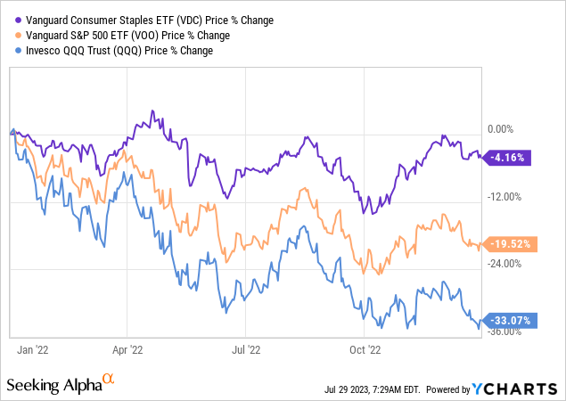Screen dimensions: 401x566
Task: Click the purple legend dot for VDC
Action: click(x=12, y=20)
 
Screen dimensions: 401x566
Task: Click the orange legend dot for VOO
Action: click(x=12, y=35)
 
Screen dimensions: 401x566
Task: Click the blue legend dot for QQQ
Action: click(x=12, y=50)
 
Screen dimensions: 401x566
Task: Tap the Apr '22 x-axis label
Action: click(x=128, y=349)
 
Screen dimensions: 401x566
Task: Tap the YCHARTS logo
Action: click(x=519, y=389)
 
